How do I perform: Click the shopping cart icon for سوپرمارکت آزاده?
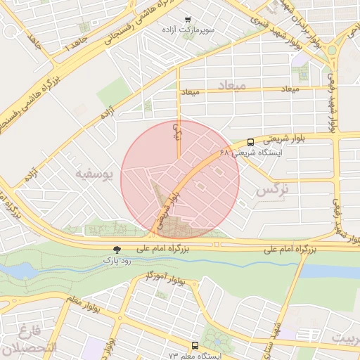[186, 20]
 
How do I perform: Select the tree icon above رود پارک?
[117, 250]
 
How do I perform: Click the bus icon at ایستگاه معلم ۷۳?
[194, 346]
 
